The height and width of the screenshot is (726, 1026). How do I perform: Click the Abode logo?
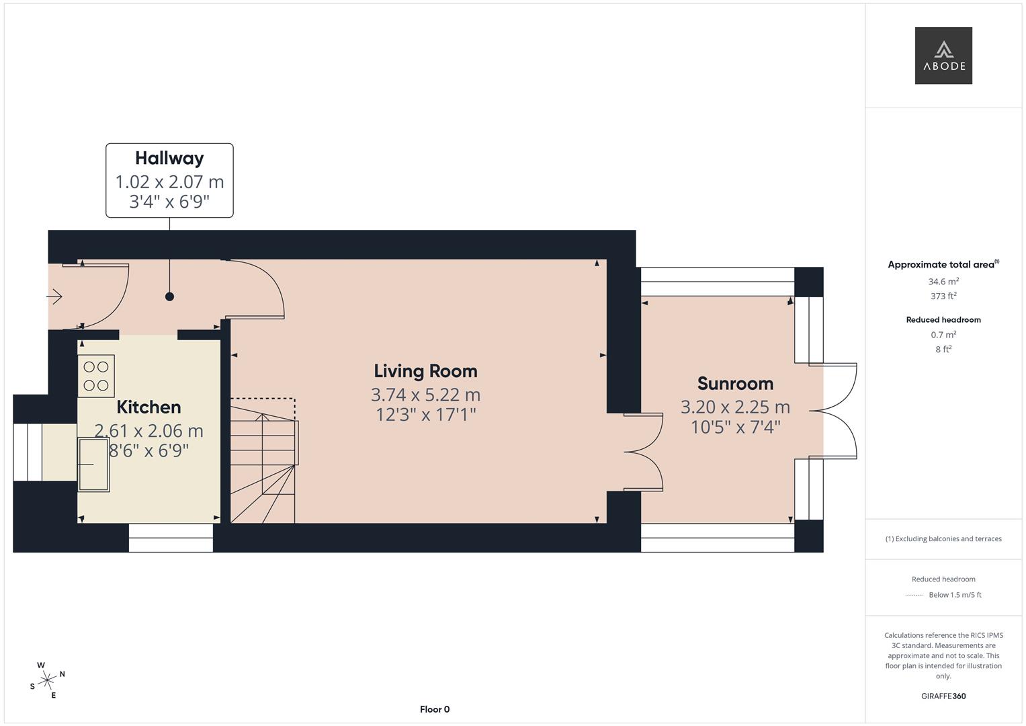(x=943, y=55)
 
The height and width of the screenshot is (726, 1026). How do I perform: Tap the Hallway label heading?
(x=169, y=158)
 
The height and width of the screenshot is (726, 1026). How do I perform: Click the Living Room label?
(x=425, y=371)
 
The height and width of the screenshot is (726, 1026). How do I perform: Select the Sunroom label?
(x=735, y=384)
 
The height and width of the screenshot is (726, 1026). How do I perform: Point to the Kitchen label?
(x=148, y=407)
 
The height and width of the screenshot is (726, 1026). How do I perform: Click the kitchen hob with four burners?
(x=96, y=376)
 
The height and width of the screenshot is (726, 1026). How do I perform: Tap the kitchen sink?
(x=93, y=465)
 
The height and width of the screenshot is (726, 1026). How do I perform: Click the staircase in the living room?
(x=263, y=461)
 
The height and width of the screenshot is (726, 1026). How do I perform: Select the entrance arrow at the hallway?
(x=54, y=296)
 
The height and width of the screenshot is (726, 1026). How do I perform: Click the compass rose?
(x=47, y=680)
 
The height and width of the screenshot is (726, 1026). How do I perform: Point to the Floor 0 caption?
(x=435, y=709)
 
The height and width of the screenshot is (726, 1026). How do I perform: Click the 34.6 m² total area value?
(x=943, y=282)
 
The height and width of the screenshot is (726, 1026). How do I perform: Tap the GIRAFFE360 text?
(x=943, y=696)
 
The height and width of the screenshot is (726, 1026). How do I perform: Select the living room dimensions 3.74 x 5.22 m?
(x=425, y=395)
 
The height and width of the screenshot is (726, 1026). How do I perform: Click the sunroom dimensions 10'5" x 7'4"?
(x=735, y=427)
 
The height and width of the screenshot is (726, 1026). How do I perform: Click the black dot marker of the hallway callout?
(x=169, y=296)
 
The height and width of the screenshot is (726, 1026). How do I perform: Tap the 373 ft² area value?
(x=943, y=296)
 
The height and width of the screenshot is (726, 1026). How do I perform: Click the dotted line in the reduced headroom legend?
(x=914, y=595)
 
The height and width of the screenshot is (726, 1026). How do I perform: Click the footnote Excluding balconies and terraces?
(x=943, y=538)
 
